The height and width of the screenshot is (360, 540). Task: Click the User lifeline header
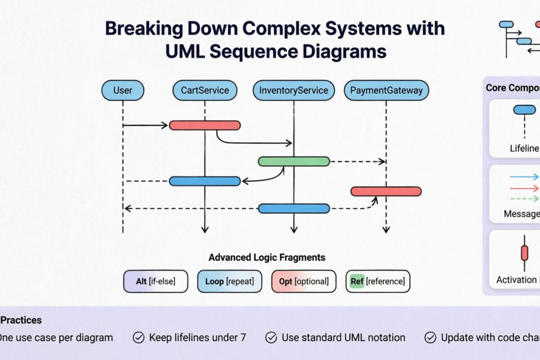122,90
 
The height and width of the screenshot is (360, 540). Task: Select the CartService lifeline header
205,90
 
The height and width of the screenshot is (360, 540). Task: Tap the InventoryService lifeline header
293,90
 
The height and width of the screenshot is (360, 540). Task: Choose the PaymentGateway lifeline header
386,90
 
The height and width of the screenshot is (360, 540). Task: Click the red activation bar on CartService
205,125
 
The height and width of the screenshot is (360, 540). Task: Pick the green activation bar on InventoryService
294,161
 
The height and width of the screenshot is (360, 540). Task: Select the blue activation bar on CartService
205,181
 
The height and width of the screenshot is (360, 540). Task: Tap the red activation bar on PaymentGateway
386,191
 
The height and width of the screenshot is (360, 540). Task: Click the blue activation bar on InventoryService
294,208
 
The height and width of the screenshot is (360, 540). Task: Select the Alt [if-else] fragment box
155,281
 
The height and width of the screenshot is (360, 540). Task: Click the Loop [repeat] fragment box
229,281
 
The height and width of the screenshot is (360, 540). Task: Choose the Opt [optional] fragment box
304,281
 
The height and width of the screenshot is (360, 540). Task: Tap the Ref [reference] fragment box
378,281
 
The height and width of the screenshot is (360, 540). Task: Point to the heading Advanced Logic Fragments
267,257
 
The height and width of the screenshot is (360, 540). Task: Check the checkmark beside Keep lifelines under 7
138,337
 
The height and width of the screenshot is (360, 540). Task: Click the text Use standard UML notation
343,337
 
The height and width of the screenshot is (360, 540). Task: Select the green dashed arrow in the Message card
524,198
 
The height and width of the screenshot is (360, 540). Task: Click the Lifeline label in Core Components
524,148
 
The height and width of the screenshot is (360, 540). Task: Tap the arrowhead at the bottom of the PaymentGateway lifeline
386,229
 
